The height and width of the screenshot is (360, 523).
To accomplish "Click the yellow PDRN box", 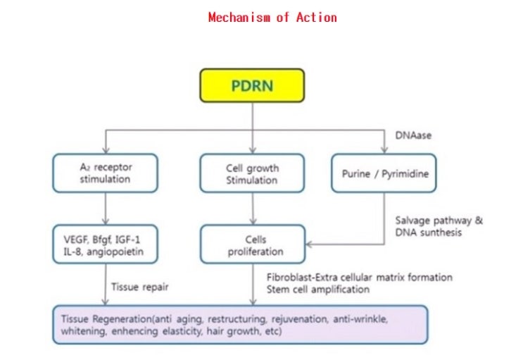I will [x=252, y=87].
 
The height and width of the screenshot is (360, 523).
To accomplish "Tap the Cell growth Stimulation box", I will [x=252, y=173].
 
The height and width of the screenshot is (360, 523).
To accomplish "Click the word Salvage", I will [x=415, y=221].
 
